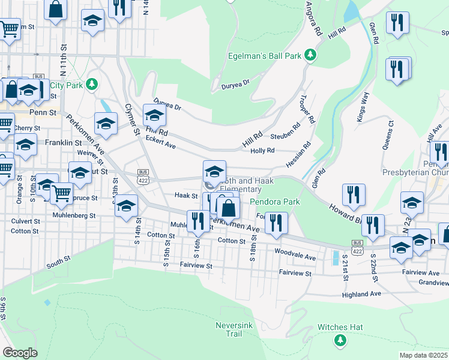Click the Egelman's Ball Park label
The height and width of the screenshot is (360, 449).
click(264, 56)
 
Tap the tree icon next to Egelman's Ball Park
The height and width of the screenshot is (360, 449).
click(310, 56)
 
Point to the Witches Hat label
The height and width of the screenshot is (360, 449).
click(340, 327)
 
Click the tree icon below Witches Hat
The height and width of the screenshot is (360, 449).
click(340, 340)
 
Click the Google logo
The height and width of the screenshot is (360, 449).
click(20, 353)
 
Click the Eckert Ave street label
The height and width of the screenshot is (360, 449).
click(160, 142)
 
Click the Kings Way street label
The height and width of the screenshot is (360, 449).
click(363, 105)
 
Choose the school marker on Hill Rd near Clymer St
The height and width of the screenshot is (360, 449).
click(154, 115)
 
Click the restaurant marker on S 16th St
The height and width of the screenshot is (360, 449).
click(197, 221)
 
